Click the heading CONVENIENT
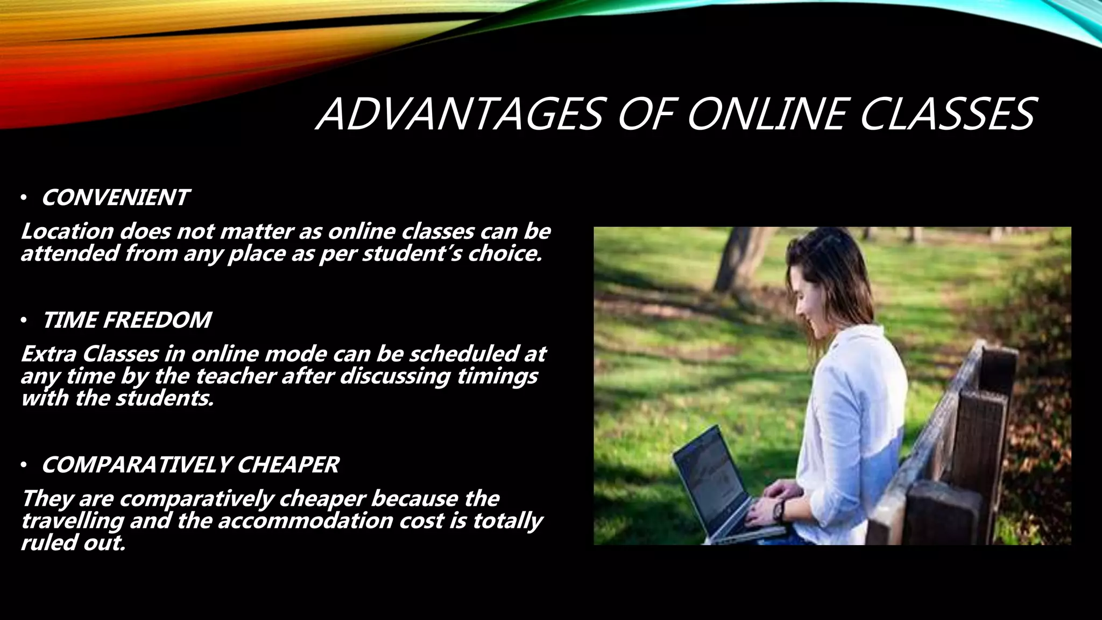[115, 198]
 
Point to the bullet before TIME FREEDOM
[24, 321]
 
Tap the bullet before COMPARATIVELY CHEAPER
[24, 466]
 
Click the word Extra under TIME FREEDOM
[48, 354]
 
